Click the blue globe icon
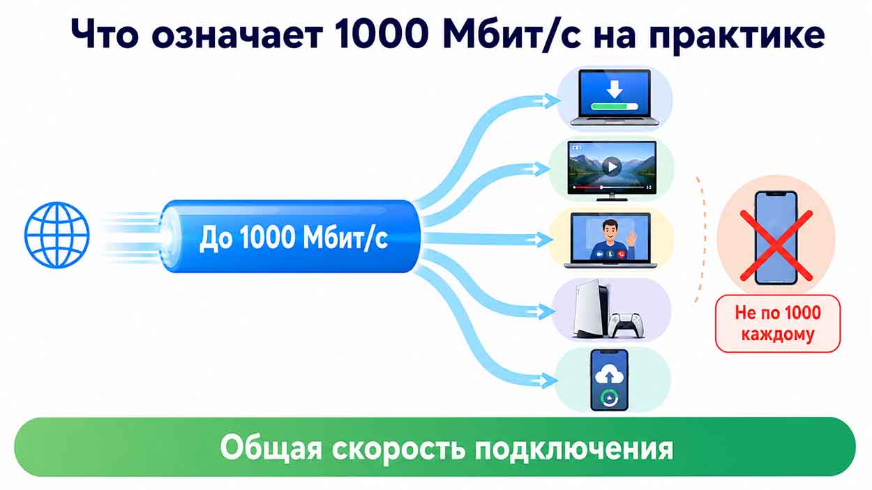(x=57, y=235)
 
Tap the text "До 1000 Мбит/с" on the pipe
(x=294, y=237)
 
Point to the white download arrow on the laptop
(x=615, y=89)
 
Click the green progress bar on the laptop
(x=615, y=107)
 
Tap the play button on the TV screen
(x=612, y=167)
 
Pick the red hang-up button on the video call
(x=622, y=254)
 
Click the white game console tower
(x=591, y=308)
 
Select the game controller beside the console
(x=625, y=325)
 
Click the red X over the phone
(x=776, y=245)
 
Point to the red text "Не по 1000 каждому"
(x=778, y=323)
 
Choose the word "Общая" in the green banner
(x=271, y=447)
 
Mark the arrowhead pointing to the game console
(x=546, y=312)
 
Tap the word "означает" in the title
(x=237, y=34)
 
